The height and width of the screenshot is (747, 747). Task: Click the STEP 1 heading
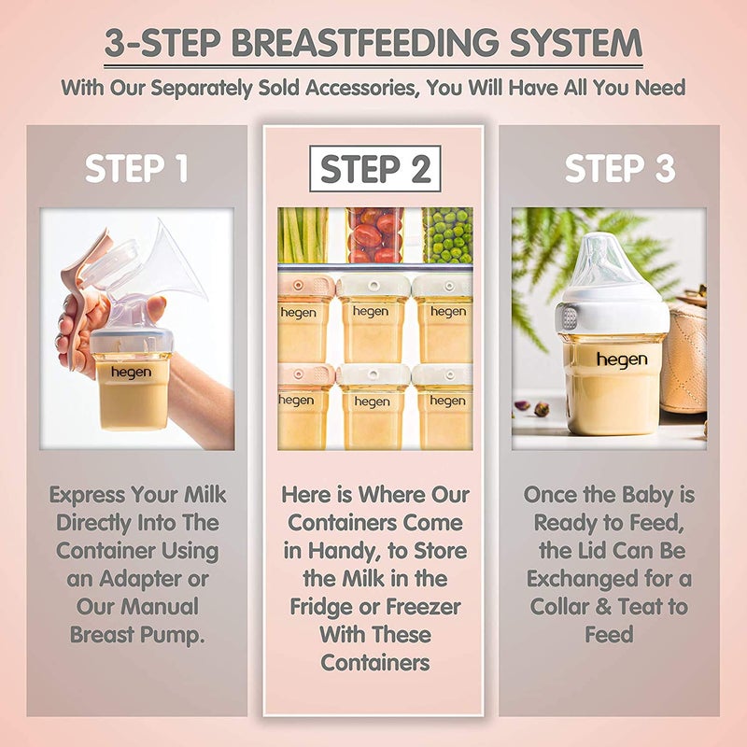coord(136,169)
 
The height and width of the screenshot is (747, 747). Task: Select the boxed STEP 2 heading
coord(375,169)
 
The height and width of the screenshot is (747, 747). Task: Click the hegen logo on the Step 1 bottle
coord(131,373)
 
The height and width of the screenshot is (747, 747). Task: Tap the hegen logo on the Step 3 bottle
coord(616,359)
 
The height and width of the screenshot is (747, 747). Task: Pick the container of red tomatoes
coord(375,235)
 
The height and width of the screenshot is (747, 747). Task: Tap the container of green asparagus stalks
coord(303,235)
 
